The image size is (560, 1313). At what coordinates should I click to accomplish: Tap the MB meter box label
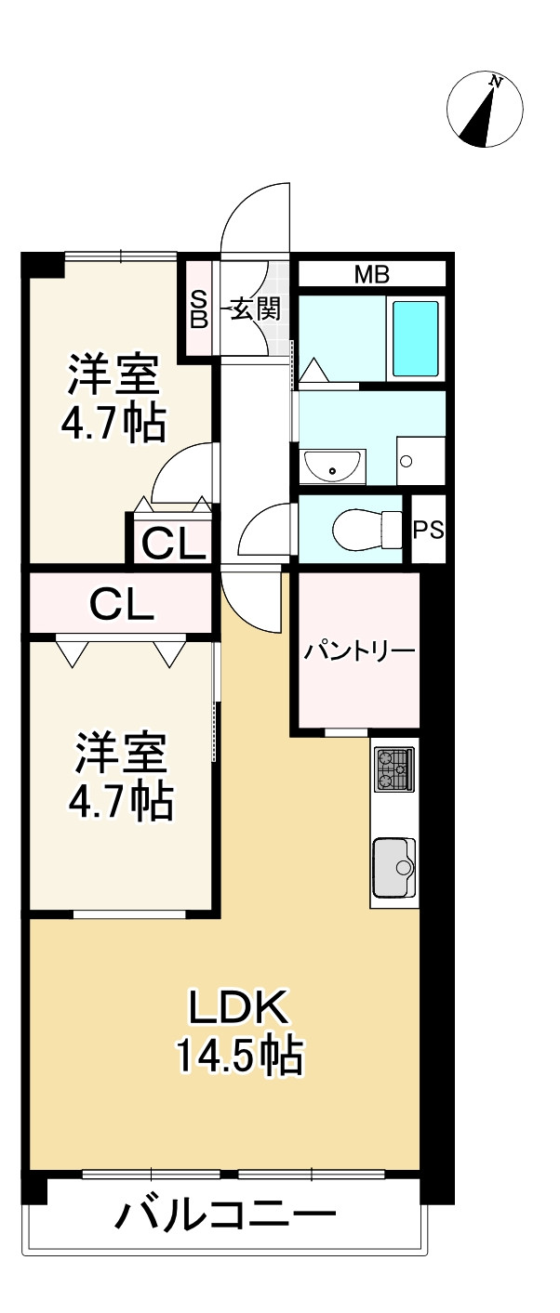tap(371, 275)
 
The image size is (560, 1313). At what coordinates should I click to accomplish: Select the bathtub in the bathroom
tap(415, 339)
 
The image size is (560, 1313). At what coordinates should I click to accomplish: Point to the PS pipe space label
tap(429, 530)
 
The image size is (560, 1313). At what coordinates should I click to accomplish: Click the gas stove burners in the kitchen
tap(394, 769)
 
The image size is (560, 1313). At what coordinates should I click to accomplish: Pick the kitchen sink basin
tap(394, 866)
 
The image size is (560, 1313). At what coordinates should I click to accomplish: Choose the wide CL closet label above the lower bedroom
tap(122, 606)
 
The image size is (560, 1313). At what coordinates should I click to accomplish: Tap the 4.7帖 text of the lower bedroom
tap(121, 800)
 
